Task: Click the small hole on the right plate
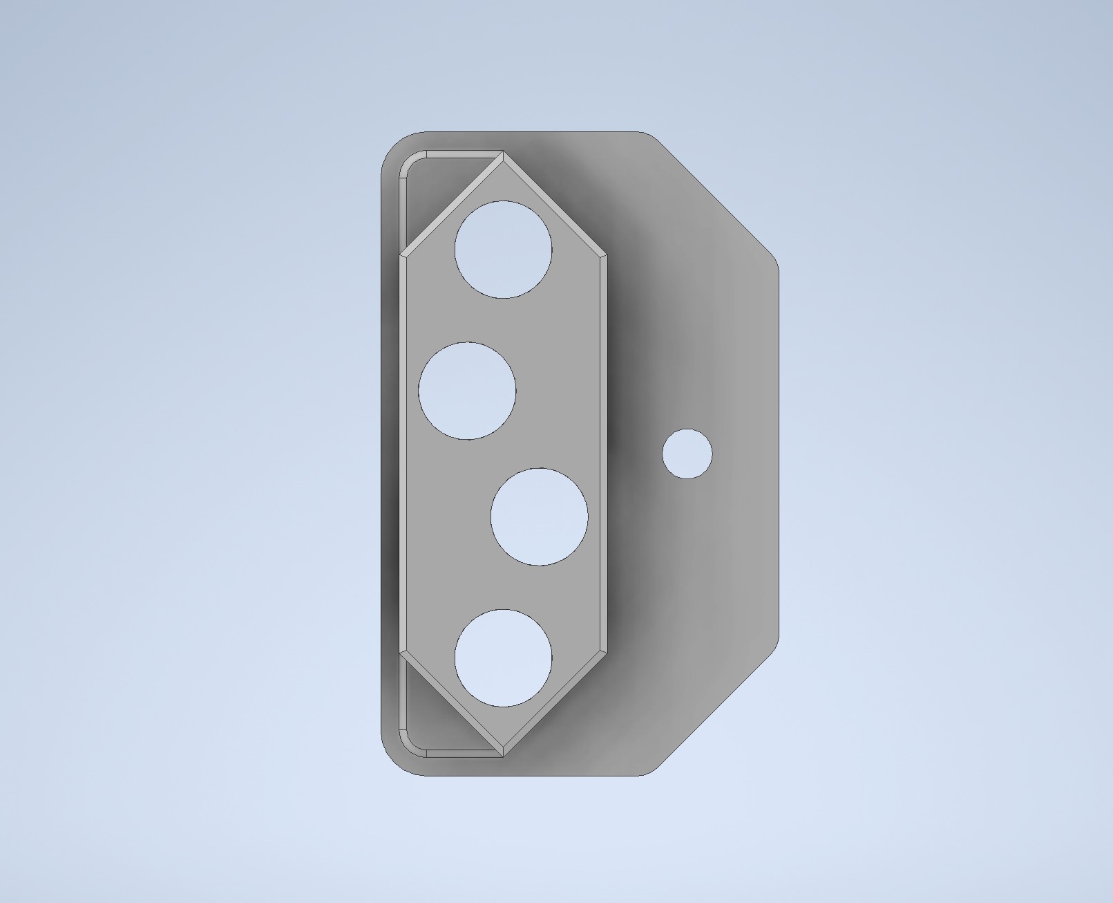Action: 687,454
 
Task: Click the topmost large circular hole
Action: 503,250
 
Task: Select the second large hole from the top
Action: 467,390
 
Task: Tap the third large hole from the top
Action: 539,516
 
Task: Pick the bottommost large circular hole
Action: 503,658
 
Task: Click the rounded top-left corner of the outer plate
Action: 396,145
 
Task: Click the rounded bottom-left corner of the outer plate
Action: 396,762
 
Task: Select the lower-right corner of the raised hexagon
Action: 606,651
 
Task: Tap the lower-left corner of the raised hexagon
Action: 403,651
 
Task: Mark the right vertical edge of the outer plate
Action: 779,454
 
